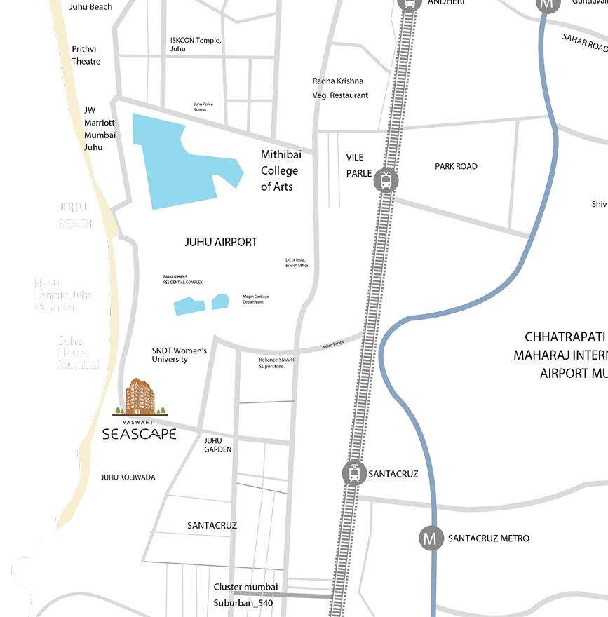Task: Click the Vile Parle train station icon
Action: (x=385, y=180)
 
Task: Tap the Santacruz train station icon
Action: (x=354, y=474)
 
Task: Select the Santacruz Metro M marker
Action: (x=431, y=538)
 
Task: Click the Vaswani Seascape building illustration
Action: (x=139, y=398)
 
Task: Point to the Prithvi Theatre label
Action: (x=86, y=55)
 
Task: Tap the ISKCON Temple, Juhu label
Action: (x=196, y=45)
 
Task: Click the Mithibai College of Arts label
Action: (x=279, y=170)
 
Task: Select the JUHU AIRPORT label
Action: (x=221, y=242)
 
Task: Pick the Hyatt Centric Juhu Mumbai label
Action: (x=64, y=295)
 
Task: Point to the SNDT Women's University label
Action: (x=180, y=355)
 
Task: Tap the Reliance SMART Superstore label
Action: (x=277, y=362)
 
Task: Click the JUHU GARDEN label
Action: (x=217, y=445)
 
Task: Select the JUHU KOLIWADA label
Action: (x=128, y=477)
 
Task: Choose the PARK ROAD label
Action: (x=456, y=166)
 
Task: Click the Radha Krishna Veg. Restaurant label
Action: (x=340, y=88)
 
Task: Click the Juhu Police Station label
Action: (x=203, y=107)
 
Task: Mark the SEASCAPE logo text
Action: (x=139, y=434)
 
